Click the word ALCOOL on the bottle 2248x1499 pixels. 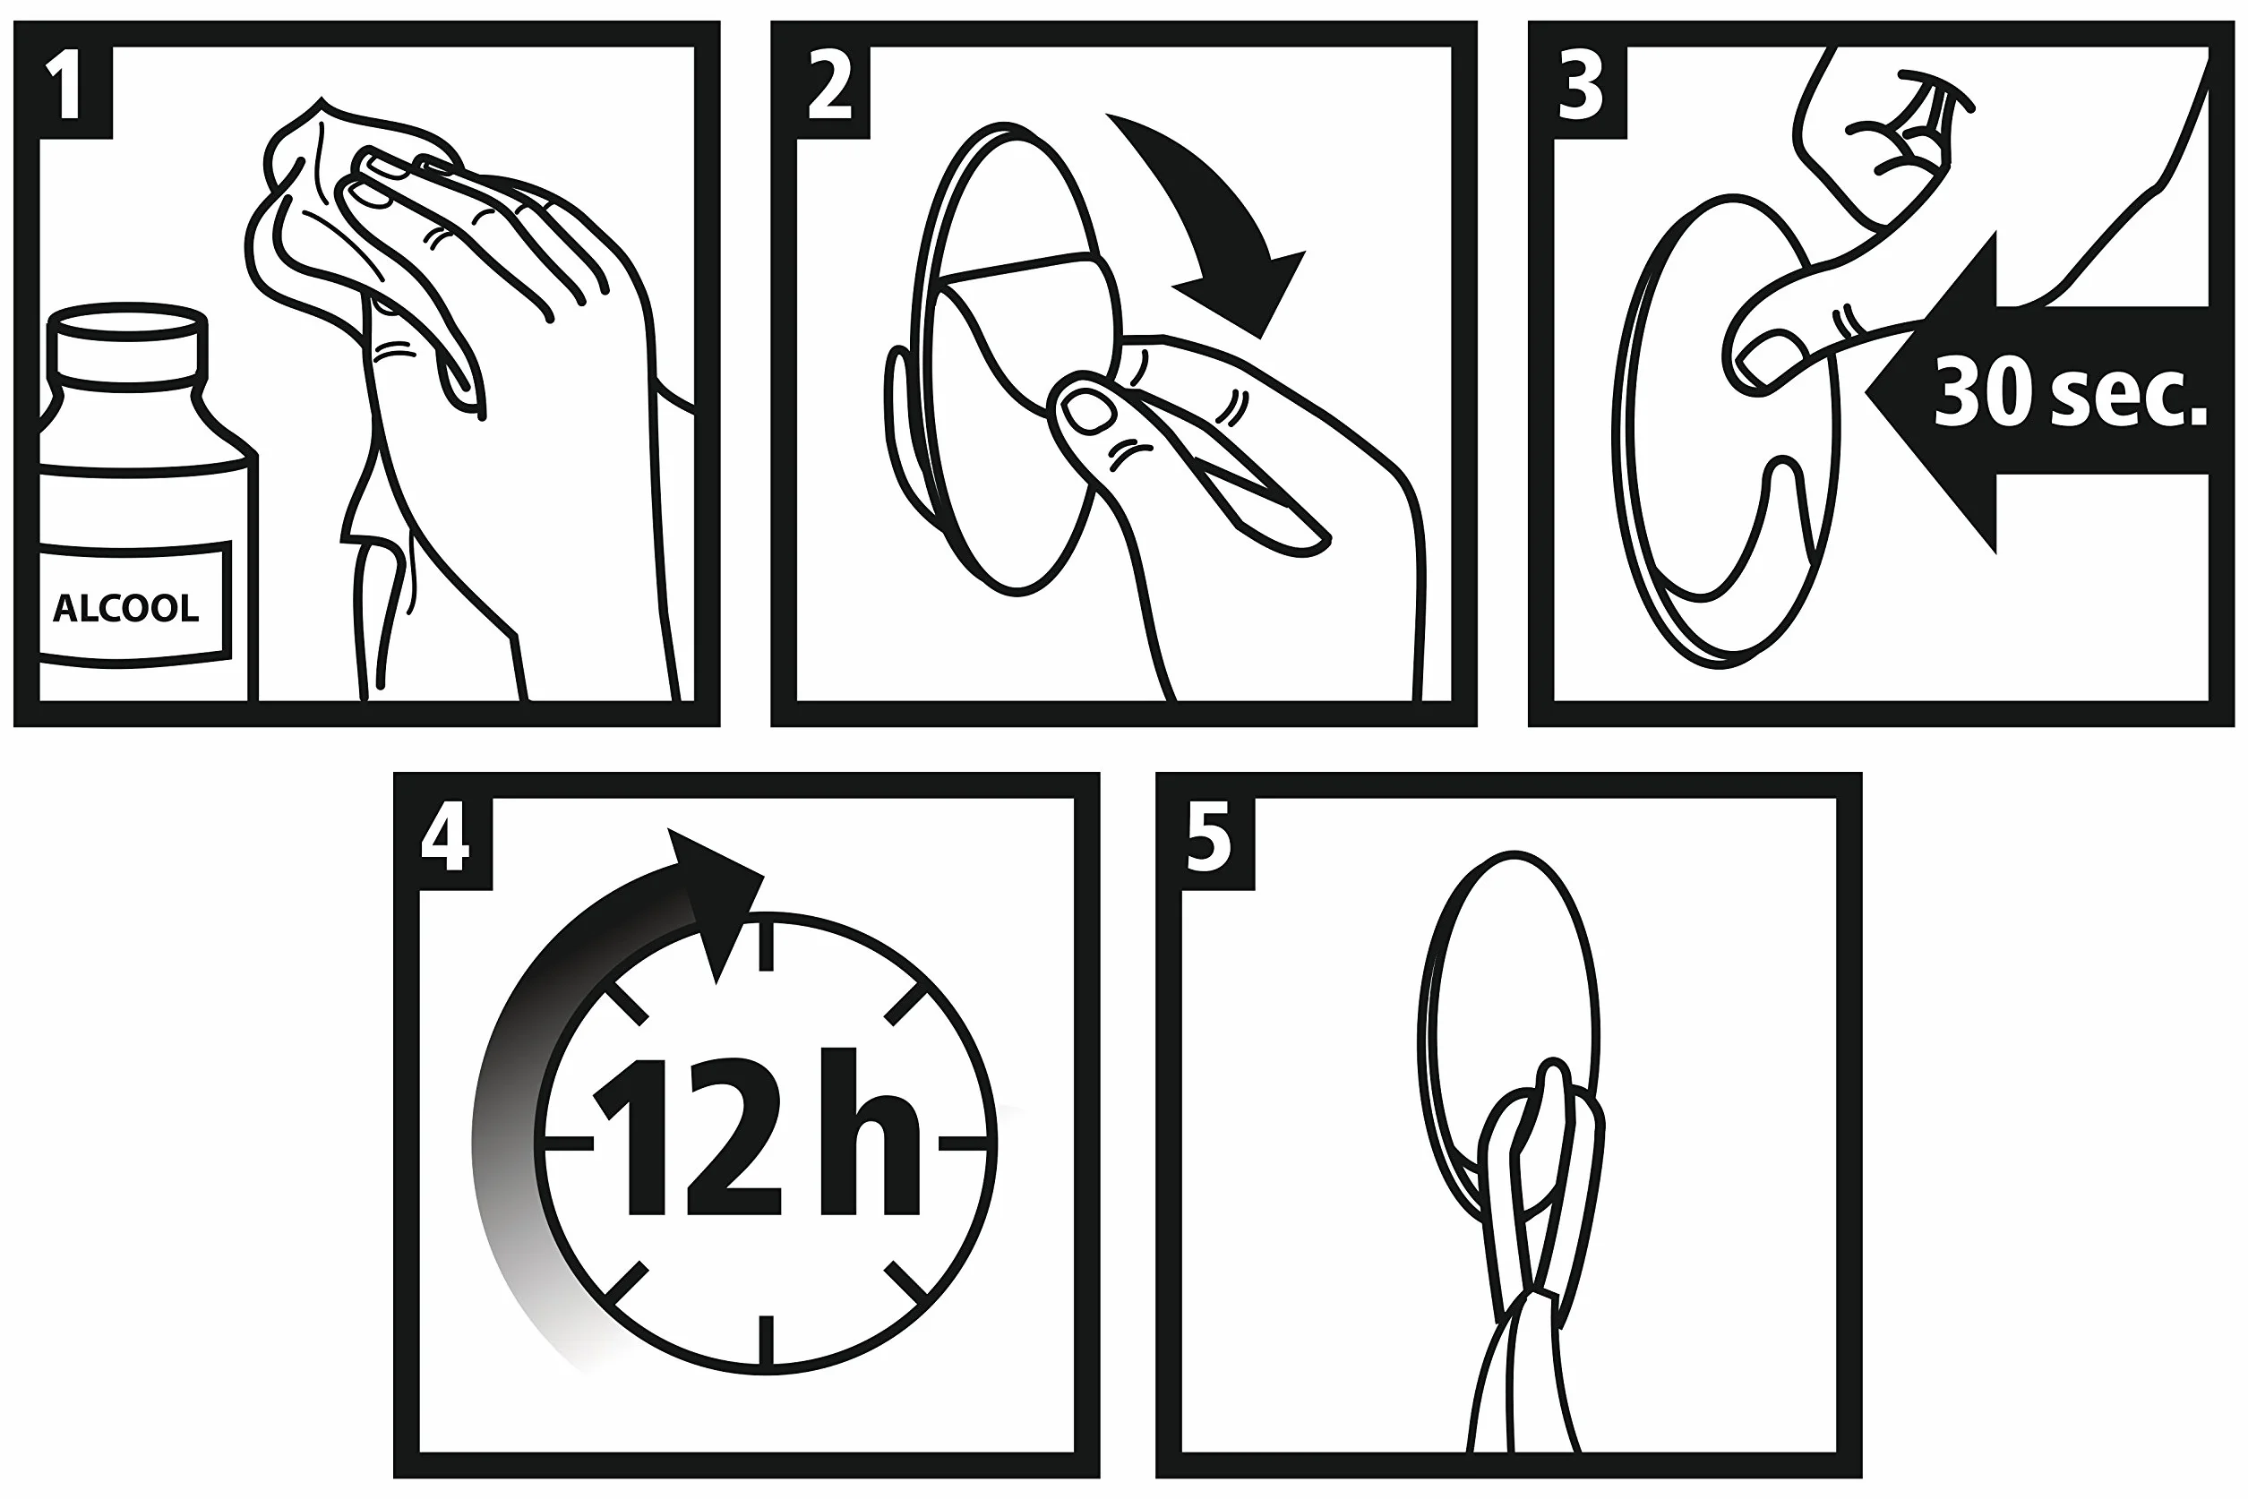[x=125, y=608]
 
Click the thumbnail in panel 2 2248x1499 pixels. [x=1090, y=411]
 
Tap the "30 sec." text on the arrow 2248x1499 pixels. [x=2070, y=391]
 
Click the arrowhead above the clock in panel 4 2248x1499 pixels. [x=716, y=899]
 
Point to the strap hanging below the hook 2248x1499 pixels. [x=1521, y=1386]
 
